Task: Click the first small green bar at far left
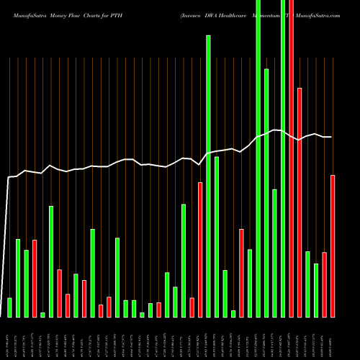(9, 307)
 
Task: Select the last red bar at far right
(333, 246)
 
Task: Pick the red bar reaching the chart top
(292, 158)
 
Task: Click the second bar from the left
(18, 277)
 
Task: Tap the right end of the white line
(330, 137)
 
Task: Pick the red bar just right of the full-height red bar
(300, 202)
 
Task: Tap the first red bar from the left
(35, 278)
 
